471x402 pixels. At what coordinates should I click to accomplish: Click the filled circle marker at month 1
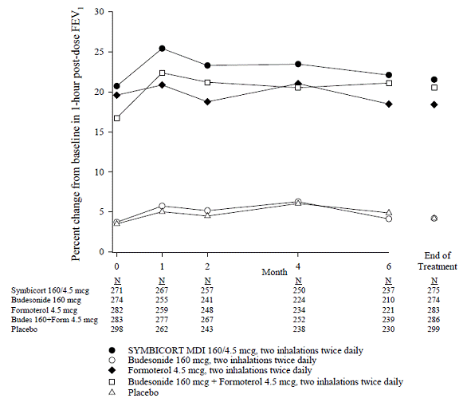tap(162, 49)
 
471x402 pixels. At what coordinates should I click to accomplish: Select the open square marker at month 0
tap(117, 118)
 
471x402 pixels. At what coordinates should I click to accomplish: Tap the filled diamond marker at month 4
tap(298, 84)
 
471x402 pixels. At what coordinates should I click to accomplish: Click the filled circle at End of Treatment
tap(434, 80)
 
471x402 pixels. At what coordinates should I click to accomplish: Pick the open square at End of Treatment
tap(434, 88)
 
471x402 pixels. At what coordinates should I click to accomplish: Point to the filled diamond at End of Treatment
tap(434, 104)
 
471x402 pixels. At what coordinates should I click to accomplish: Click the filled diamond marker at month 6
tap(389, 104)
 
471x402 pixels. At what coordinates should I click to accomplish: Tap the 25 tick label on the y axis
tap(99, 52)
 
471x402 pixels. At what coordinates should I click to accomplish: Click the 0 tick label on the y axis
tap(102, 252)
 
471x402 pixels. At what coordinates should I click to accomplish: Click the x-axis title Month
tap(274, 272)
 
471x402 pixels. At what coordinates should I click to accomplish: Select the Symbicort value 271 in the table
tap(117, 291)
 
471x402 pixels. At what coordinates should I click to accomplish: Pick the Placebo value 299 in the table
tap(434, 329)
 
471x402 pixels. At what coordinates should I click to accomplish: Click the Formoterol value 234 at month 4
tap(298, 310)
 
